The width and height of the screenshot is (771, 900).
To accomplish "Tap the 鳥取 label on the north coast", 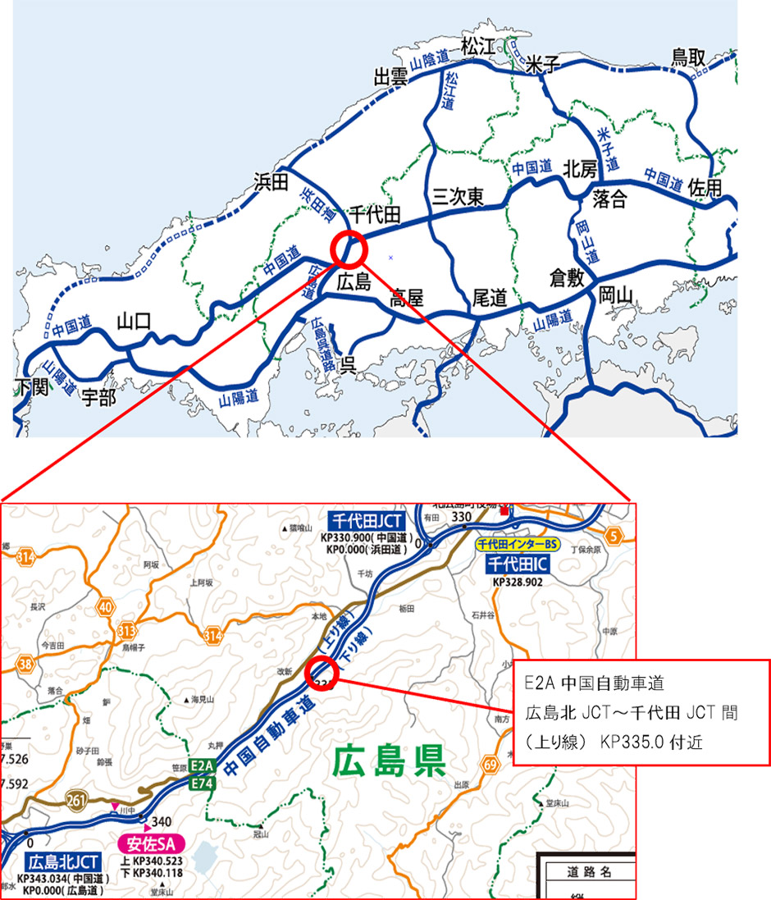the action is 689,57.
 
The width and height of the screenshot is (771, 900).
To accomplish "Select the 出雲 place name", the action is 391,77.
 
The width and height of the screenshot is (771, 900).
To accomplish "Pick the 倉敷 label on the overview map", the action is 567,277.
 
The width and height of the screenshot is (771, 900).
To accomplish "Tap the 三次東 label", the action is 458,197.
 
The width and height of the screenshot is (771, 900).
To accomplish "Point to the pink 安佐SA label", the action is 153,843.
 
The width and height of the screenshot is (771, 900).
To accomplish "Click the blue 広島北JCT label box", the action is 64,862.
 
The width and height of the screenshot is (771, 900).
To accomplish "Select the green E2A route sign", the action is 202,766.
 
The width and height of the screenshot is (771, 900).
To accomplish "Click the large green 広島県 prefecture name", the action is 389,762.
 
